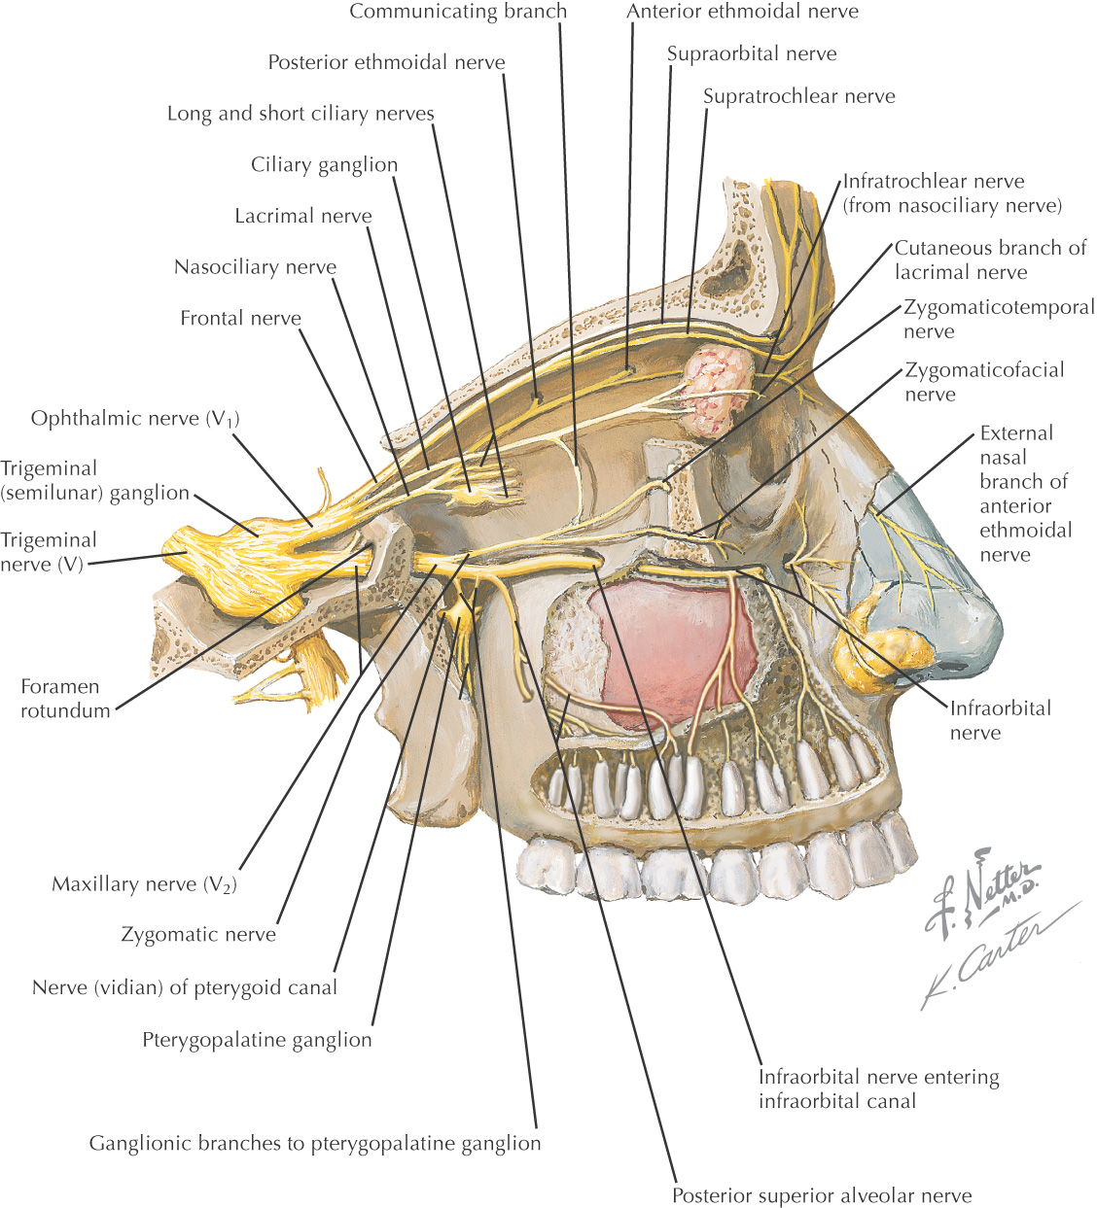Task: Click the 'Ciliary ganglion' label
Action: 324,165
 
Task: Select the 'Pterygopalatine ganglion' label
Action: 257,1040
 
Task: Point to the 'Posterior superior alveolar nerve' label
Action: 822,1196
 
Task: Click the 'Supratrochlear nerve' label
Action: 798,96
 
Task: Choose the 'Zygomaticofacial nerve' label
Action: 983,382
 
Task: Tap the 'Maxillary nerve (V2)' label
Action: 144,884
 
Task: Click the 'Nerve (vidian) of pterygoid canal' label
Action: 185,988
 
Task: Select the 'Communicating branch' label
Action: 458,12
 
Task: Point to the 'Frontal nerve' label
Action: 240,318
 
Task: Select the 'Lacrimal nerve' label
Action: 303,216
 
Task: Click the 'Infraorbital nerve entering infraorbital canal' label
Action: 878,1088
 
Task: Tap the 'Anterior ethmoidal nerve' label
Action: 742,12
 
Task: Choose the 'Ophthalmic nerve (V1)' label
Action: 134,419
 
